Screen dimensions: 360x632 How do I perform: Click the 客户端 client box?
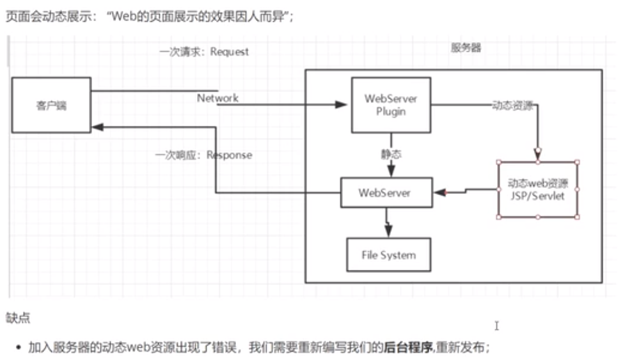[51, 105]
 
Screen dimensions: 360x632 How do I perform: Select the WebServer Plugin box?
[391, 105]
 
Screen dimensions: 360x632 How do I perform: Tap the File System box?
[388, 255]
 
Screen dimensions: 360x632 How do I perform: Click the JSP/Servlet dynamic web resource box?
[538, 189]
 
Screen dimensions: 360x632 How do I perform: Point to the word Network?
[217, 98]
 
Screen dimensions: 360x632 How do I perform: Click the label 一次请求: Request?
[204, 52]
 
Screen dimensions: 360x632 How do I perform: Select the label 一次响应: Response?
[203, 155]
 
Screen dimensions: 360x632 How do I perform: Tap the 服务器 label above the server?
[466, 48]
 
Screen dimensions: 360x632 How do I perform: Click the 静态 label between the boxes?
[391, 154]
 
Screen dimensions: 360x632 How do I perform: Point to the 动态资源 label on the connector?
[512, 106]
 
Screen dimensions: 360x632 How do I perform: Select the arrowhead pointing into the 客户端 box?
[97, 127]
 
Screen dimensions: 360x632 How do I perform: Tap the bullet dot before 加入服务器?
[18, 348]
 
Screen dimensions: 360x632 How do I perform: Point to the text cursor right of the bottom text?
[496, 325]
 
